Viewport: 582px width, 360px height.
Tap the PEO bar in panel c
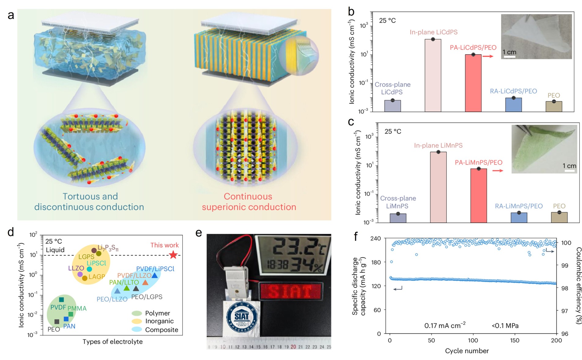[559, 217]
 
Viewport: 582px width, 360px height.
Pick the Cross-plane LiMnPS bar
[398, 218]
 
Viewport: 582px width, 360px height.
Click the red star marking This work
[173, 255]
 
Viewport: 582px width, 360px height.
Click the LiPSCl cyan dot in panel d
[89, 269]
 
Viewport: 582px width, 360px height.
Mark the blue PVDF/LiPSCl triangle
[155, 275]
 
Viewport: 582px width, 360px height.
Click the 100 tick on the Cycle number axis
[473, 340]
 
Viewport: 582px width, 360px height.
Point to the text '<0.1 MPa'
[505, 326]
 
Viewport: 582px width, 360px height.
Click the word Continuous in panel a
[248, 197]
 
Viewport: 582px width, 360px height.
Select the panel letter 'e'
[199, 233]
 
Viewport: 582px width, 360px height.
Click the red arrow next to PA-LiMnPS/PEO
[498, 171]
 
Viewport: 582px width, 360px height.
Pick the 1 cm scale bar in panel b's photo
[510, 57]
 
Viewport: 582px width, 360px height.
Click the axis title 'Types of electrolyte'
[113, 342]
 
